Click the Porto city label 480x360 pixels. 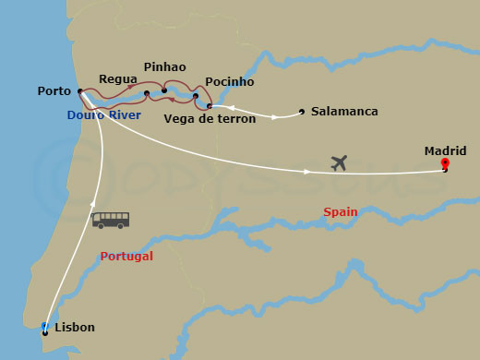click(x=54, y=91)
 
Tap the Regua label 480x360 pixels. click(x=117, y=80)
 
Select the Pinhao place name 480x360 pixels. click(x=165, y=67)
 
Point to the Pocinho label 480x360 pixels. click(x=230, y=81)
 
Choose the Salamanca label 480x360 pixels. click(x=344, y=112)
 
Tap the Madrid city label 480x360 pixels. click(x=445, y=150)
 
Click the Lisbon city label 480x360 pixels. click(x=74, y=327)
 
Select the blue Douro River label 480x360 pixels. click(x=104, y=115)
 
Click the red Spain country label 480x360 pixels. click(x=341, y=212)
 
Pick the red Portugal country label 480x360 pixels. click(x=126, y=257)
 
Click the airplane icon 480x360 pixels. click(x=339, y=163)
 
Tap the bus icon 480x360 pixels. click(x=111, y=220)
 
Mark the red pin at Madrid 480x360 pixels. click(x=445, y=166)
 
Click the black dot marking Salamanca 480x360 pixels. click(x=302, y=113)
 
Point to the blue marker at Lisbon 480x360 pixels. click(x=45, y=327)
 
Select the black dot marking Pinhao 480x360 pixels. click(x=164, y=90)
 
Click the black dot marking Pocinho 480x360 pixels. click(x=196, y=96)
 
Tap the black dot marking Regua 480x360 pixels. click(x=147, y=93)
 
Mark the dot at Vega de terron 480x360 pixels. click(x=210, y=106)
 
